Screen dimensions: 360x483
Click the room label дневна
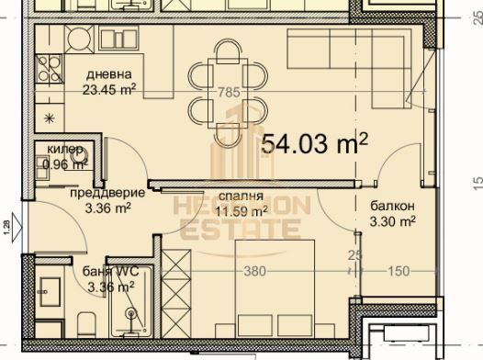[109, 74]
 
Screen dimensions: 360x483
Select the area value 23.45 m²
[110, 90]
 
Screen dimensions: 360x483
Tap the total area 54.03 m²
[315, 143]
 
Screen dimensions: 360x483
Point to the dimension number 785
[230, 91]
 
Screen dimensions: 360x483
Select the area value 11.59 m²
[241, 210]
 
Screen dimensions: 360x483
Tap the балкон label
[391, 206]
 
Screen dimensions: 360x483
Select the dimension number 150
[399, 271]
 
